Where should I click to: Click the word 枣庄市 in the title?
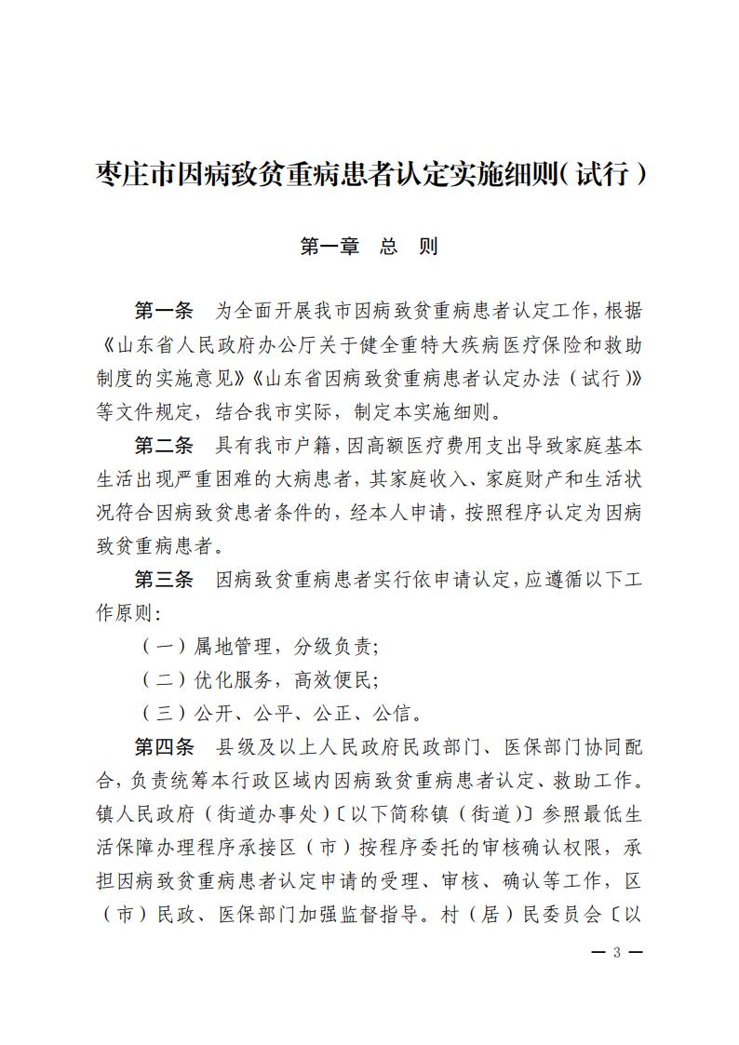(130, 174)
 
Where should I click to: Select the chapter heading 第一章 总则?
(369, 247)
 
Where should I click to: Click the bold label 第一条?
(163, 310)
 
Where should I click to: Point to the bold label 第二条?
(163, 445)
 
